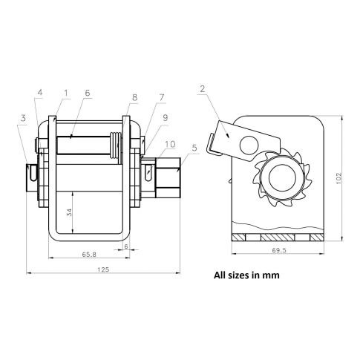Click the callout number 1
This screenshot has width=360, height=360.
[x=66, y=93]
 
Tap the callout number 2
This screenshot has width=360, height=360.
[x=203, y=89]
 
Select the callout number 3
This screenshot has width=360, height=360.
[x=23, y=118]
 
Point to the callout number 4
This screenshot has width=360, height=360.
[x=40, y=93]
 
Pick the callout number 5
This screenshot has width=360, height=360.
[x=194, y=148]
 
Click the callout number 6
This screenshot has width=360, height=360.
[x=88, y=93]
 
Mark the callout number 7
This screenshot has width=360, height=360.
[x=162, y=97]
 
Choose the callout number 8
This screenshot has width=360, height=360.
[x=134, y=97]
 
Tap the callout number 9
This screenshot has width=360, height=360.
[x=166, y=117]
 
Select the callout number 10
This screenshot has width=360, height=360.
[x=170, y=144]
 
